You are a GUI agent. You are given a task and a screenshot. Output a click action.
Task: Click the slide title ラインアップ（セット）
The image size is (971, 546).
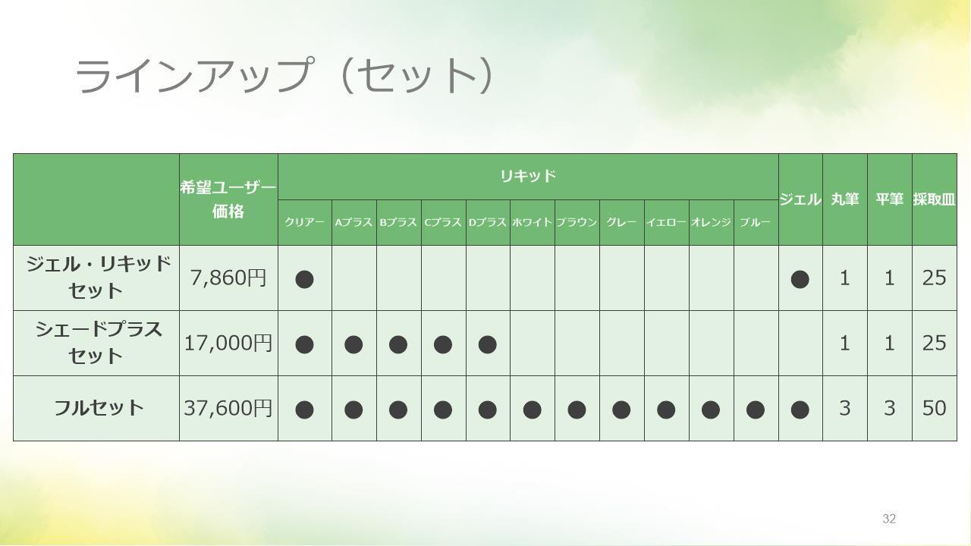click(284, 75)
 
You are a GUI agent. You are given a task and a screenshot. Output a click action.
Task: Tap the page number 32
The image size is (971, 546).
click(889, 519)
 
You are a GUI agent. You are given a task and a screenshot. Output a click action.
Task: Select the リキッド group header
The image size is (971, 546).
click(528, 176)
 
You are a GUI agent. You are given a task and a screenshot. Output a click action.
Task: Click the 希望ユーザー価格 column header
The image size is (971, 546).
click(228, 199)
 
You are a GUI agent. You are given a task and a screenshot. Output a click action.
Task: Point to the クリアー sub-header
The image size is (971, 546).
click(304, 222)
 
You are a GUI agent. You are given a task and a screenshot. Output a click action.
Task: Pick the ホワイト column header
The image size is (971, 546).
click(532, 222)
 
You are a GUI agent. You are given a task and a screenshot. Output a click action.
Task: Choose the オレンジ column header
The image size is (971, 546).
click(711, 222)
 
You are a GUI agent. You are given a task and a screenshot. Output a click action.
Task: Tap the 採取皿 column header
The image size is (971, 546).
click(934, 199)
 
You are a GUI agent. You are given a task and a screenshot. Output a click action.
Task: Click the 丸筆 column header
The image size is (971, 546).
click(845, 199)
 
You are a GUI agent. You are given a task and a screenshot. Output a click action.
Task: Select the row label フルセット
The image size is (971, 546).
click(99, 408)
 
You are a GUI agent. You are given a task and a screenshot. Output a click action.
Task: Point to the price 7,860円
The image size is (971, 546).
click(228, 278)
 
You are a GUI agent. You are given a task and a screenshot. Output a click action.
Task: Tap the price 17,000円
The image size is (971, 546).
click(228, 344)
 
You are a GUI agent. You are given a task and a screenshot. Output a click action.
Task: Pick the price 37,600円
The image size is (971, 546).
click(228, 408)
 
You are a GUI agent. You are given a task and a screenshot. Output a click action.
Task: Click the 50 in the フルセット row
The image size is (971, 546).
click(934, 408)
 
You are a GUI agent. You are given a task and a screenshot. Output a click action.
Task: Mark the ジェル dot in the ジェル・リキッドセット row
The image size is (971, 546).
click(800, 280)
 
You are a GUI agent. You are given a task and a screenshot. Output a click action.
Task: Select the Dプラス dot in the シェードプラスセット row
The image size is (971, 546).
click(487, 345)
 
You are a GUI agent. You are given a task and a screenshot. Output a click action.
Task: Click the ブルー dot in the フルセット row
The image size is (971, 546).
click(755, 410)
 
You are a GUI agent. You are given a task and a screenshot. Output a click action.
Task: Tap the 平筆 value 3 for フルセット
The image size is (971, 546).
click(890, 408)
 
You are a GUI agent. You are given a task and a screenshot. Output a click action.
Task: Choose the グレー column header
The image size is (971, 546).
click(621, 222)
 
